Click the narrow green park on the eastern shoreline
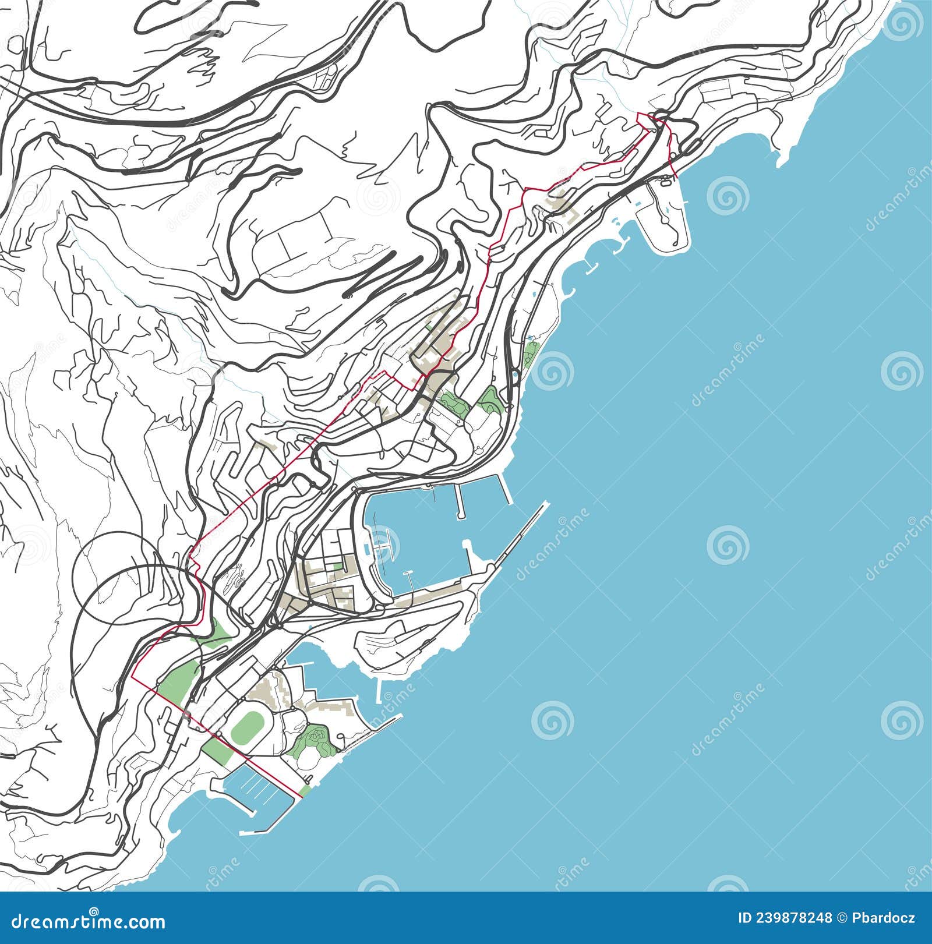click(531, 352)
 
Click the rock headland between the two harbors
click(408, 638)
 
